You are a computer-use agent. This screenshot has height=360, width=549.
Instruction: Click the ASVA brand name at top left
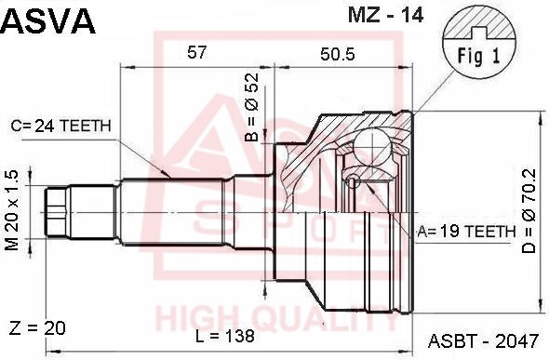(x=48, y=21)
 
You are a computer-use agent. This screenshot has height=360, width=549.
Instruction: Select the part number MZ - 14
(x=385, y=15)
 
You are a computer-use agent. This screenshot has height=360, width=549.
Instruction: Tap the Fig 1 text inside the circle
(x=478, y=56)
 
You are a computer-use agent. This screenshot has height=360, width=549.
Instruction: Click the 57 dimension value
(x=197, y=53)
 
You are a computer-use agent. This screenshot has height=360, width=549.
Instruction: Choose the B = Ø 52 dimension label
(x=252, y=107)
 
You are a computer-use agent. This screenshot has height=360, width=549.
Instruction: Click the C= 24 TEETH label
(x=60, y=126)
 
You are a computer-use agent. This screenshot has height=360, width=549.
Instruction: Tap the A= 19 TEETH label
(x=466, y=232)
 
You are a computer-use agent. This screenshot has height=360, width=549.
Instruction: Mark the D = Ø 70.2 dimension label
(x=529, y=211)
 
